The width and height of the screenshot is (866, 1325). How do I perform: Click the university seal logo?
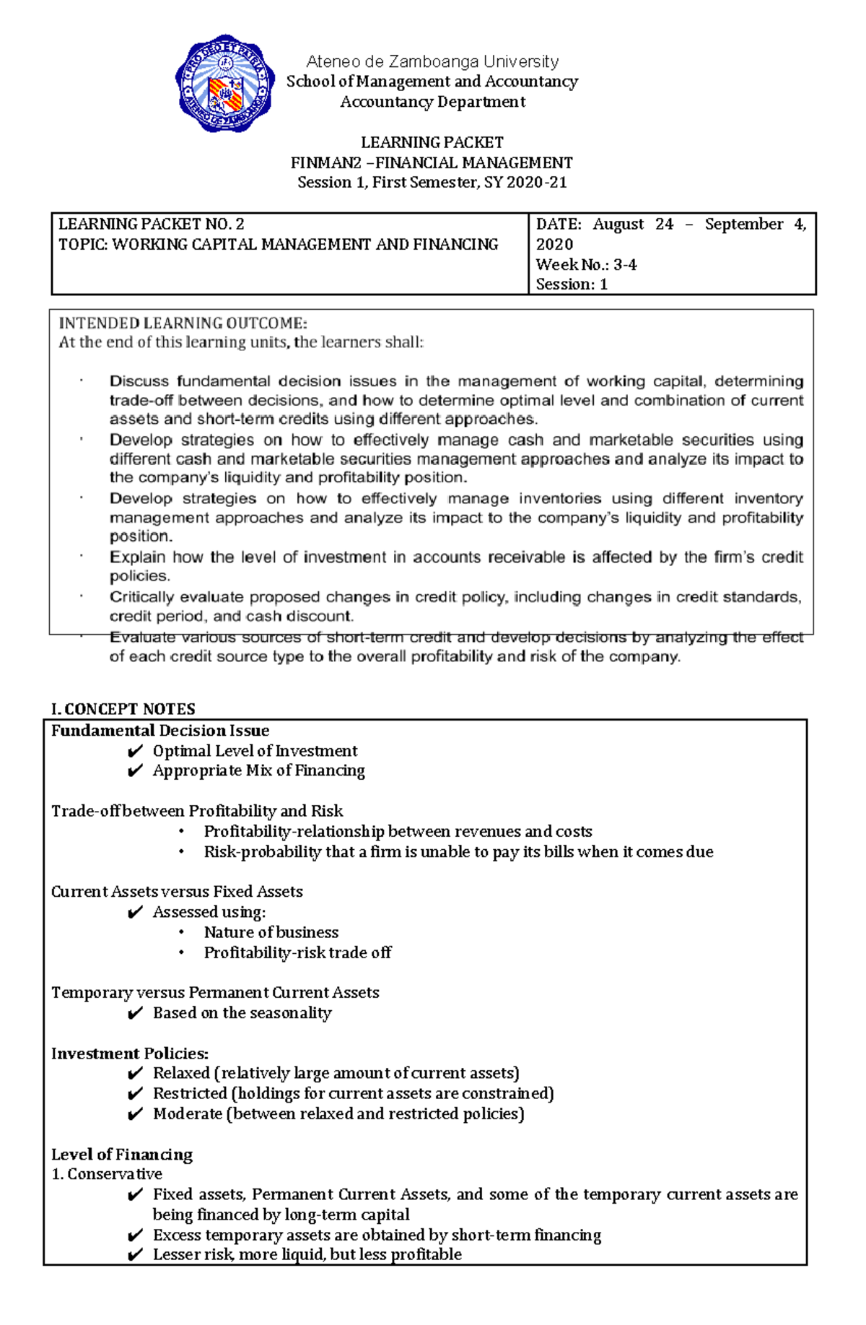(224, 83)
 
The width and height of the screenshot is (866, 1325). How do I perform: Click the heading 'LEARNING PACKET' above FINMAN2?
(432, 142)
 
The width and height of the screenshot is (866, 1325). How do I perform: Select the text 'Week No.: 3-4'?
(586, 264)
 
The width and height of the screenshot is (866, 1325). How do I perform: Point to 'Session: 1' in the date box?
(572, 284)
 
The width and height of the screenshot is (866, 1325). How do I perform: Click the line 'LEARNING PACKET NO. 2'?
(151, 224)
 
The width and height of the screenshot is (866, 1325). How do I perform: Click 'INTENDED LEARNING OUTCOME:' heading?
(183, 323)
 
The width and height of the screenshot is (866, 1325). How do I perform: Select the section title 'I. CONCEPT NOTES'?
(123, 708)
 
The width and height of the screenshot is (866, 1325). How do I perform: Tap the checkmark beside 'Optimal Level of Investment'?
(135, 752)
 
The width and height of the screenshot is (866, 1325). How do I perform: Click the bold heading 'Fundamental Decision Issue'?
(159, 730)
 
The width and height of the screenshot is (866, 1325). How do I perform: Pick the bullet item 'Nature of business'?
(271, 932)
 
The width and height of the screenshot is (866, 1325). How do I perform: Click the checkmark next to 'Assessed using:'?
(135, 913)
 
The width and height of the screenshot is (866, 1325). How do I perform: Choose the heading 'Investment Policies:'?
(129, 1054)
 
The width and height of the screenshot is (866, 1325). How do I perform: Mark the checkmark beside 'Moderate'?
(135, 1114)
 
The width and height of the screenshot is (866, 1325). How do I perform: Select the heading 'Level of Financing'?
(121, 1154)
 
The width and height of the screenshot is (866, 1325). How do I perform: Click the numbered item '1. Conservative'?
(107, 1174)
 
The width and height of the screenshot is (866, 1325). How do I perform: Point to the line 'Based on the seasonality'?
(242, 1013)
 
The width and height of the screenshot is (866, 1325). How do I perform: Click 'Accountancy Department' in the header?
(432, 102)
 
